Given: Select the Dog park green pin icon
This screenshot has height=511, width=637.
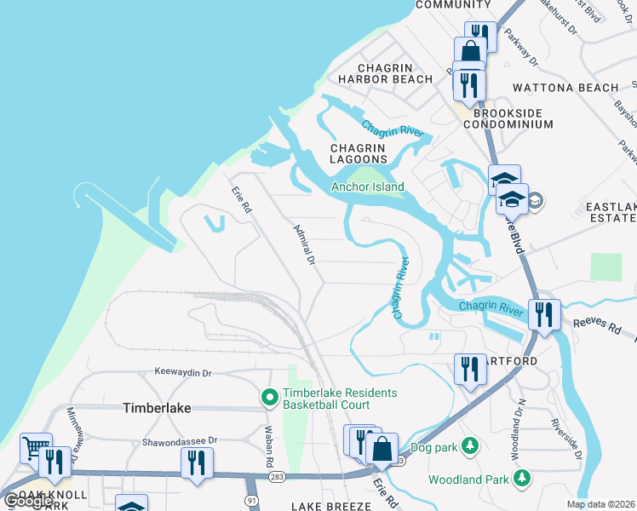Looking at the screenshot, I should pos(468,445).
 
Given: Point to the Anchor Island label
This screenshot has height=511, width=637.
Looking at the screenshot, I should pos(367,187).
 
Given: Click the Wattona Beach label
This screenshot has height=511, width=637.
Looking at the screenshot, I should pos(565,88).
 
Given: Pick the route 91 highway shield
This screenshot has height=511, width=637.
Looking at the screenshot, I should pos(251,500).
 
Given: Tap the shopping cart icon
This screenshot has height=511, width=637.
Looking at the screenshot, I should pos(36,446).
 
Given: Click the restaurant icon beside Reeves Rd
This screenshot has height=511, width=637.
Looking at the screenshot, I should pos(543,313).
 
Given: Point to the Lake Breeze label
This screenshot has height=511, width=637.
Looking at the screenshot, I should pos(330,506).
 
